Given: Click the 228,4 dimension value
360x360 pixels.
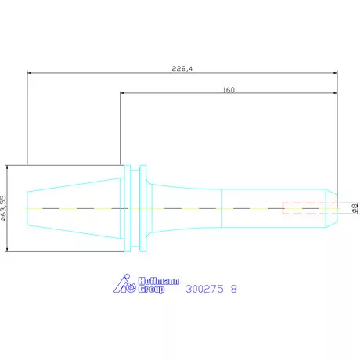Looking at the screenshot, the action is click(182, 69).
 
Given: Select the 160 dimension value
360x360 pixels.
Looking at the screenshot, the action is click(229, 90).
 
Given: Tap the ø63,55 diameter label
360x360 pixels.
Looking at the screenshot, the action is click(3, 208).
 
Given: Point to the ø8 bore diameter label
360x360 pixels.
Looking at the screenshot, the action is click(355, 208).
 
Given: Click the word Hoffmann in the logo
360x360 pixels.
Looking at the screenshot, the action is click(159, 281).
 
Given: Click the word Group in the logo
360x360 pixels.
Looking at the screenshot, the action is click(151, 289).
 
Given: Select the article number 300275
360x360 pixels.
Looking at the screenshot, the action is click(204, 289).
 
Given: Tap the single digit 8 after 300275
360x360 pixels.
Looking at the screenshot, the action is click(234, 289).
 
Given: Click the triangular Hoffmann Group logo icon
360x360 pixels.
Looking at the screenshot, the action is click(124, 284).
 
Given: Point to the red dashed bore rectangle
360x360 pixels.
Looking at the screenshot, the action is click(310, 203).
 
